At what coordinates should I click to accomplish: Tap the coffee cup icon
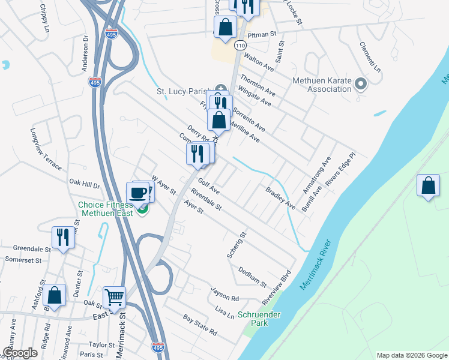(138, 193)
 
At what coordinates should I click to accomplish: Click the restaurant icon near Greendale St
(62, 236)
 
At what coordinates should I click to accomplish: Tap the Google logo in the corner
(20, 353)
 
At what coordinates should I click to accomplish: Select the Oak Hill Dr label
(84, 182)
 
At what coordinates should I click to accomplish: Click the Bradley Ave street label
(281, 197)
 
